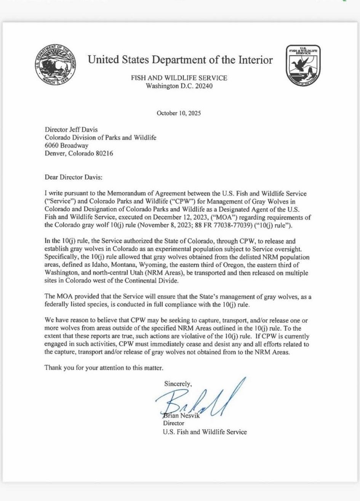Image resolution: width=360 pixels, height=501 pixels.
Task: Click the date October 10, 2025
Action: coord(179,113)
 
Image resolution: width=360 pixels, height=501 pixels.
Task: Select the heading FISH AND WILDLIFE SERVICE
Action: coord(179,78)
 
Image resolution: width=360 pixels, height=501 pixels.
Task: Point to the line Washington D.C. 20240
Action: coord(179,86)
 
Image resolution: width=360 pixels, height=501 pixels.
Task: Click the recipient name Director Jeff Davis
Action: coord(72,130)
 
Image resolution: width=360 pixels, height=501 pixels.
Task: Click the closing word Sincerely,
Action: coord(178,384)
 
